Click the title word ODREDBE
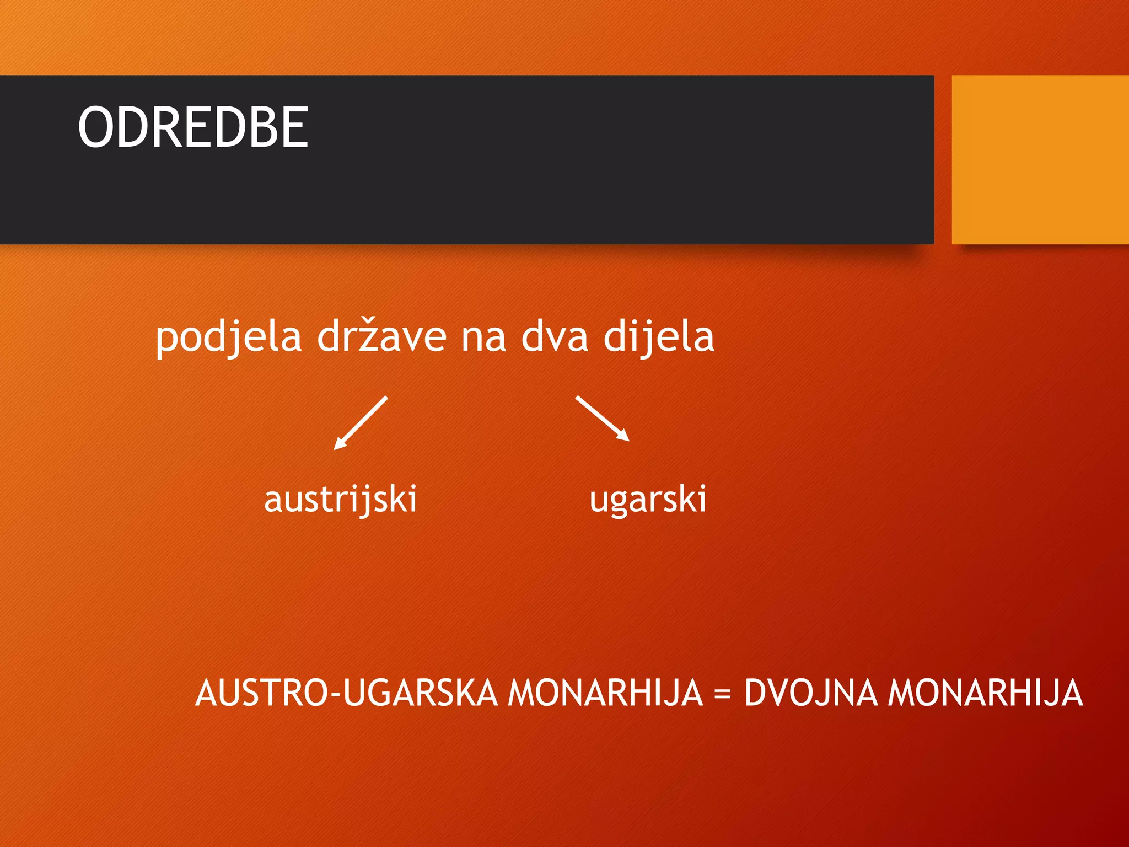pos(193,127)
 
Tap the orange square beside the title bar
pos(1040,159)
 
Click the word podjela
pos(228,337)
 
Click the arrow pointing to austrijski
pos(361,422)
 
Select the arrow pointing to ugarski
pos(602,418)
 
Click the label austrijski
pos(340,500)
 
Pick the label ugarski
pos(647,500)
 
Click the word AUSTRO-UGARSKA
pos(347,693)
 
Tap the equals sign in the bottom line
pos(722,694)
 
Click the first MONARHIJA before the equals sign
pos(605,693)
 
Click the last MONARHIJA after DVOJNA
pos(985,693)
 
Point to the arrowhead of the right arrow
pos(624,436)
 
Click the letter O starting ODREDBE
pos(96,127)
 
